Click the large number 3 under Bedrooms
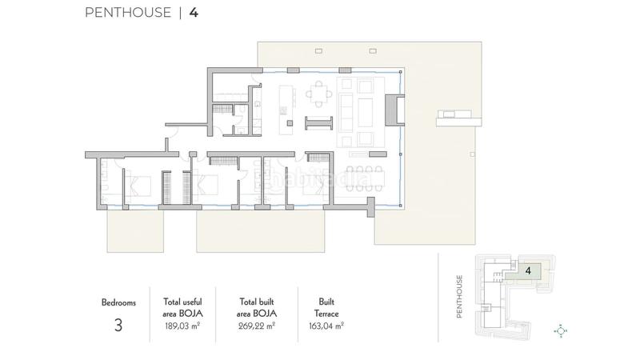pyautogui.click(x=118, y=326)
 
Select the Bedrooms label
pyautogui.click(x=118, y=303)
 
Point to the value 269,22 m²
pyautogui.click(x=257, y=326)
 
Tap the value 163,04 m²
pyautogui.click(x=326, y=326)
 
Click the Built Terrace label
pyautogui.click(x=326, y=309)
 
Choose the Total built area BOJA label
pyautogui.click(x=257, y=309)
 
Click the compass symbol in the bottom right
pyautogui.click(x=560, y=330)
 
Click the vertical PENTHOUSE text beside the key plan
pyautogui.click(x=460, y=297)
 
